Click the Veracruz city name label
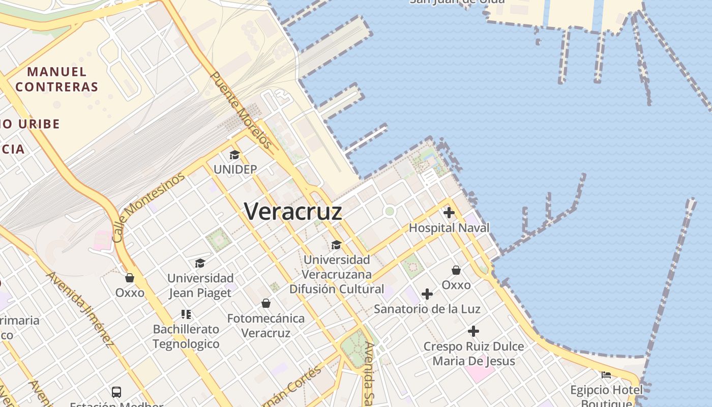click(293, 212)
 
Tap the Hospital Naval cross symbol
click(449, 213)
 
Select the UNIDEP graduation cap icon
click(234, 155)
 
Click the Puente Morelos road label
click(241, 110)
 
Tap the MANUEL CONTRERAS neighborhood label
click(56, 79)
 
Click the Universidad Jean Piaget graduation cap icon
click(200, 263)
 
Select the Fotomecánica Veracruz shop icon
click(265, 303)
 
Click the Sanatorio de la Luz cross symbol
click(427, 294)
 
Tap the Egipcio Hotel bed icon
click(606, 375)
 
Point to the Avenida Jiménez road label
click(80, 309)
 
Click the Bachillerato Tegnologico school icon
click(186, 314)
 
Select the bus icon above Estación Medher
click(116, 392)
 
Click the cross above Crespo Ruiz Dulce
click(473, 331)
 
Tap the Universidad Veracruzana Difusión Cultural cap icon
click(336, 245)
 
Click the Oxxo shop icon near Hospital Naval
click(456, 270)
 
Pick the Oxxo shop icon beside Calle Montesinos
click(130, 277)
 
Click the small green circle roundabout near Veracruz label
click(390, 211)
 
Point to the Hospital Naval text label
click(449, 227)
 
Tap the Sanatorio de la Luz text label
click(427, 309)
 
